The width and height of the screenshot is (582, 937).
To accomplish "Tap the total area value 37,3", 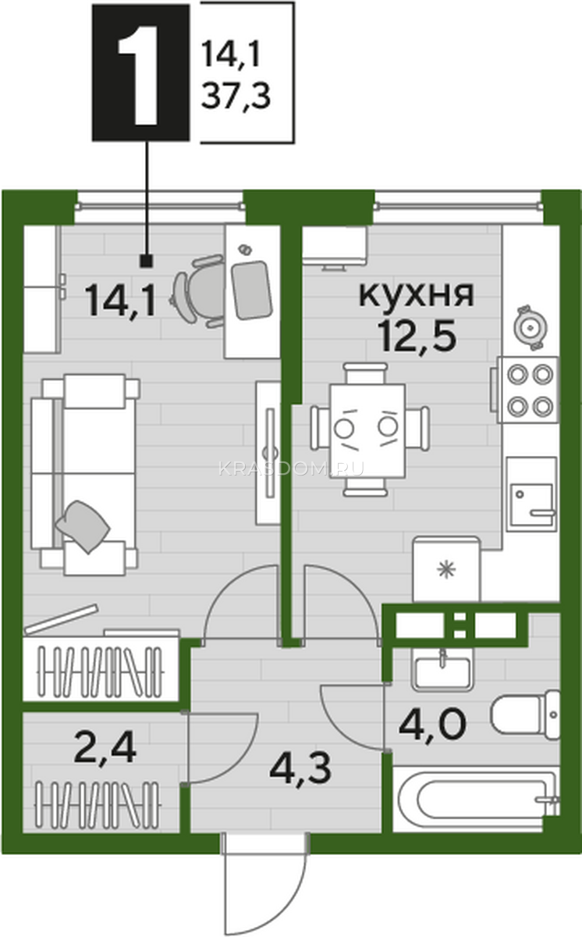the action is [x=236, y=96].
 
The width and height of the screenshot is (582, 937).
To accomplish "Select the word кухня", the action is [x=417, y=294].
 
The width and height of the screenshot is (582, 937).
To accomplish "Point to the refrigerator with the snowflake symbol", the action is [x=446, y=570].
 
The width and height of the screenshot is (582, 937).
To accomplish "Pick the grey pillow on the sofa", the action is [x=83, y=526].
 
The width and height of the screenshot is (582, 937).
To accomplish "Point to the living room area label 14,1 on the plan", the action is [x=120, y=300].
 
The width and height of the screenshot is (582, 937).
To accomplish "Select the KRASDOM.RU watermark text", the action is [x=291, y=468].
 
